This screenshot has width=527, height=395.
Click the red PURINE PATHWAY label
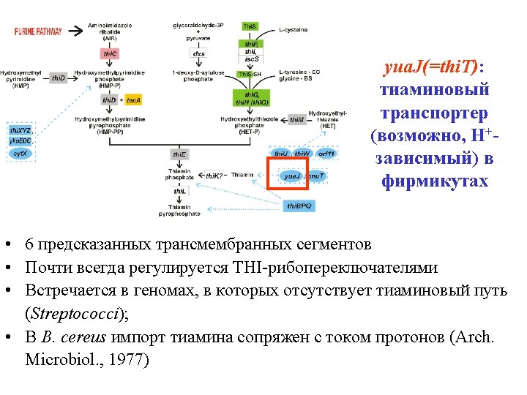click(38, 31)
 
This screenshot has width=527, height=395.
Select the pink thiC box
click(110, 54)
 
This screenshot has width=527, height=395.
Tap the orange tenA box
click(133, 99)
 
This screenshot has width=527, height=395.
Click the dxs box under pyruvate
click(198, 53)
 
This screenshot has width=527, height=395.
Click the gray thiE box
click(179, 154)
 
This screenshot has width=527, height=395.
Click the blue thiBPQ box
click(300, 206)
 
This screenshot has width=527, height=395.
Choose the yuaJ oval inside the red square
click(292, 176)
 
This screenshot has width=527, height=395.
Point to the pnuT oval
click(315, 176)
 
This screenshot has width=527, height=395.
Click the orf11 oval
click(326, 154)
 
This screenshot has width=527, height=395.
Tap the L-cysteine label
click(293, 30)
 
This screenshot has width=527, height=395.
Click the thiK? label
click(213, 176)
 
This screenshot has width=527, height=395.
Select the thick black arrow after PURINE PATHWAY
click(74, 31)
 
